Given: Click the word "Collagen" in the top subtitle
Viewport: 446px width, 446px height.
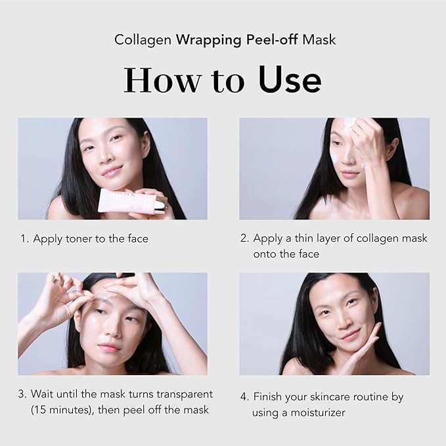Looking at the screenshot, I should pyautogui.click(x=143, y=39).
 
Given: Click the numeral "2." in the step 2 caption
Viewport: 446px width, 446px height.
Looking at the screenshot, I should pyautogui.click(x=244, y=238).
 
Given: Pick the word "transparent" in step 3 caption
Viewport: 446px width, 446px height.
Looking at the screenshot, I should pyautogui.click(x=181, y=394).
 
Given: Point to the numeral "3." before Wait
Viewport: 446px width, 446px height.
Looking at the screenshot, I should pyautogui.click(x=23, y=394).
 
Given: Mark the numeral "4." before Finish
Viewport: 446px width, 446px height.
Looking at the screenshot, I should pyautogui.click(x=244, y=397).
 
